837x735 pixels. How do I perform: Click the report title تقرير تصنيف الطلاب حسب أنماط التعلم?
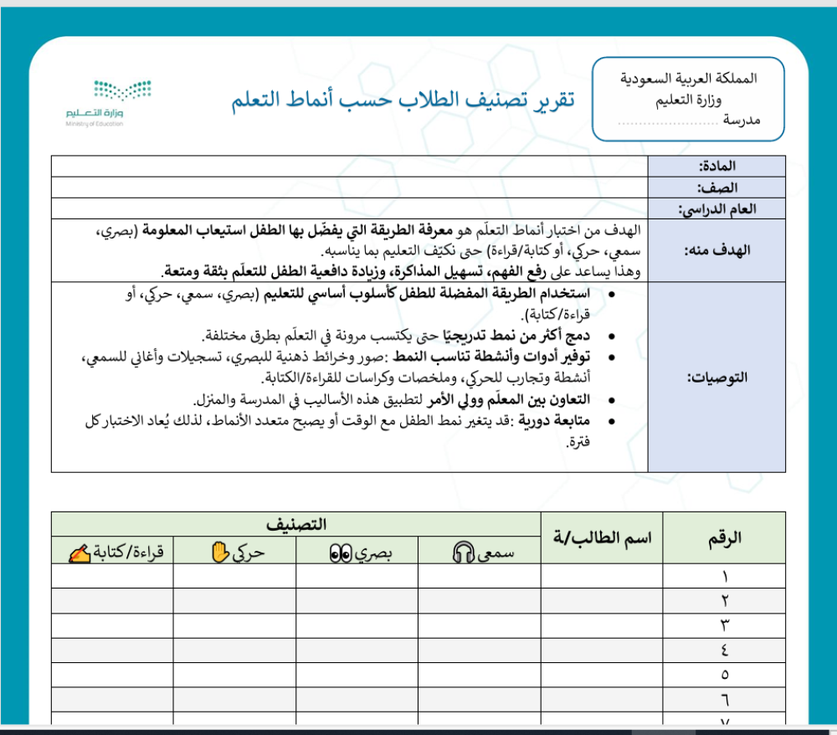[x=403, y=100]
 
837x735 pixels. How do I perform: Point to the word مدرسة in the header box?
[x=741, y=121]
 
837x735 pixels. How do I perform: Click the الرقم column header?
[x=724, y=537]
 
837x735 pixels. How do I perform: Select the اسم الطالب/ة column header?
[x=602, y=537]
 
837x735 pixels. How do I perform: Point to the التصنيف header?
[x=296, y=525]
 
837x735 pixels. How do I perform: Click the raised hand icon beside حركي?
[x=219, y=552]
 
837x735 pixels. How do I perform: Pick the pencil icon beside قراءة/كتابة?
[x=80, y=553]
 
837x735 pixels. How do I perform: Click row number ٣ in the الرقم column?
[x=725, y=625]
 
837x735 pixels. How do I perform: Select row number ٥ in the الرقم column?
[x=725, y=675]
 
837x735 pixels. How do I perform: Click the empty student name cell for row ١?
[x=602, y=576]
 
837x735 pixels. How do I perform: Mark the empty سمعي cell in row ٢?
[x=480, y=601]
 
